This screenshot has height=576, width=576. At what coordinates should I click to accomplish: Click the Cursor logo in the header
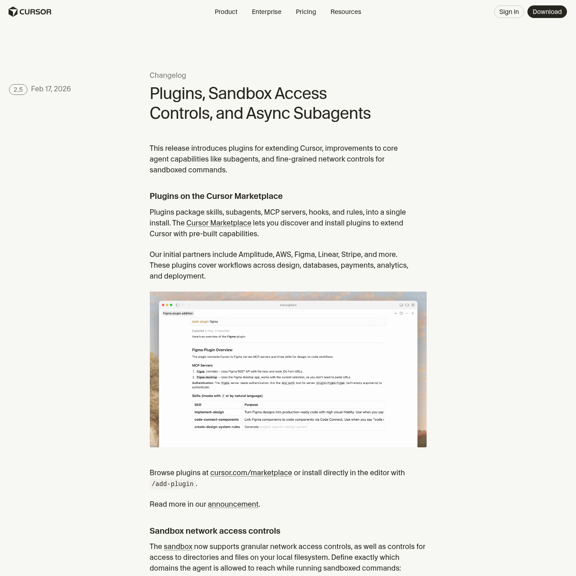[30, 12]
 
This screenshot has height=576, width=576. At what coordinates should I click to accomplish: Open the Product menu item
[226, 12]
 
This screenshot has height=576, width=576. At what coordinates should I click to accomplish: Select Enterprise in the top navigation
[266, 12]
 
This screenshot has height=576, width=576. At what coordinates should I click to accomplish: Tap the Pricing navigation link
[306, 12]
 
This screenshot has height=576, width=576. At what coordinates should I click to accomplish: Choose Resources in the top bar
[346, 12]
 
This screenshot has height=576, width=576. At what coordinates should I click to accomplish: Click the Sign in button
[509, 12]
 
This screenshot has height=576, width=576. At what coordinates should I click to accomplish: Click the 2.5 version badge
[18, 90]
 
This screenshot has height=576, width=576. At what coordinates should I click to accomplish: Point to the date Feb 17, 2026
[51, 89]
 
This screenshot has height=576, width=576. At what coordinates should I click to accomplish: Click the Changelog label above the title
[168, 76]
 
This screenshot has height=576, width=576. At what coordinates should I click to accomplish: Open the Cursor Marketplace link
[219, 223]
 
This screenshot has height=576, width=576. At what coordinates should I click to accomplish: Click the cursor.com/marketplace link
[251, 473]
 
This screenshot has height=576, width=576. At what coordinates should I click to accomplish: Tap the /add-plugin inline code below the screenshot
[173, 484]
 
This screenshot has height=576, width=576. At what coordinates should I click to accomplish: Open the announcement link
[233, 504]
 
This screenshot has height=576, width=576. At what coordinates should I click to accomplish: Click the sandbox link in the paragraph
[178, 547]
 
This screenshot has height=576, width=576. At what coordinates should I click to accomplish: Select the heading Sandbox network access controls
[215, 531]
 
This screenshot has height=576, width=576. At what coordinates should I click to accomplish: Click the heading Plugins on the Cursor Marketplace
[216, 196]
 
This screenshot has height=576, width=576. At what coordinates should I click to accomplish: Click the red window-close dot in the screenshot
[163, 305]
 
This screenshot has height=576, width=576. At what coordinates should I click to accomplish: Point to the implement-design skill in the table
[209, 412]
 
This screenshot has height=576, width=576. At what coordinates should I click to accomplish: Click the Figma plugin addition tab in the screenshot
[178, 313]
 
